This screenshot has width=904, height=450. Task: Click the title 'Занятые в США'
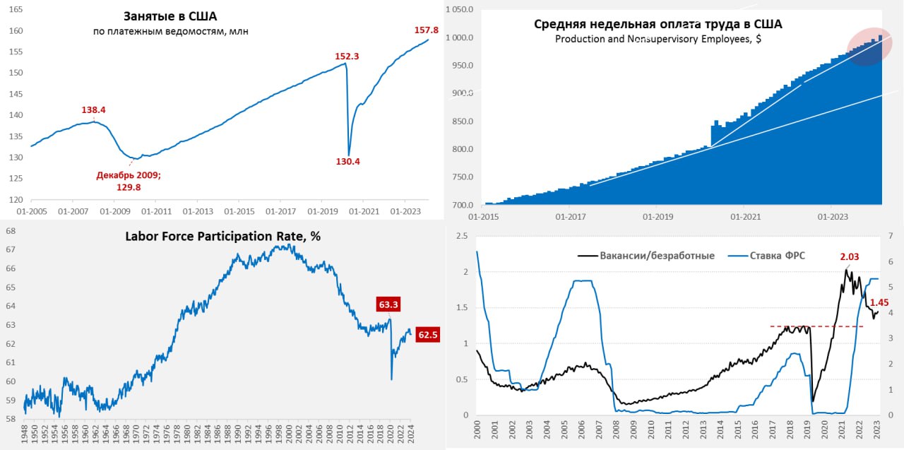click(170, 16)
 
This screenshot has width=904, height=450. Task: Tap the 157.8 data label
click(426, 30)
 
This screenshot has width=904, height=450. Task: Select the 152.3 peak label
click(348, 56)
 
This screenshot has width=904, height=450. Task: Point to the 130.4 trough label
click(348, 161)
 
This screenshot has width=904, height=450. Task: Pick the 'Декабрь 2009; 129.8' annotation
click(129, 181)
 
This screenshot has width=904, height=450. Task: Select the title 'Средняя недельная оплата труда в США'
click(658, 24)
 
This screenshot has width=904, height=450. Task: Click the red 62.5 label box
click(427, 336)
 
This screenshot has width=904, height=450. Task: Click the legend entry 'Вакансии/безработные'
click(646, 255)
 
